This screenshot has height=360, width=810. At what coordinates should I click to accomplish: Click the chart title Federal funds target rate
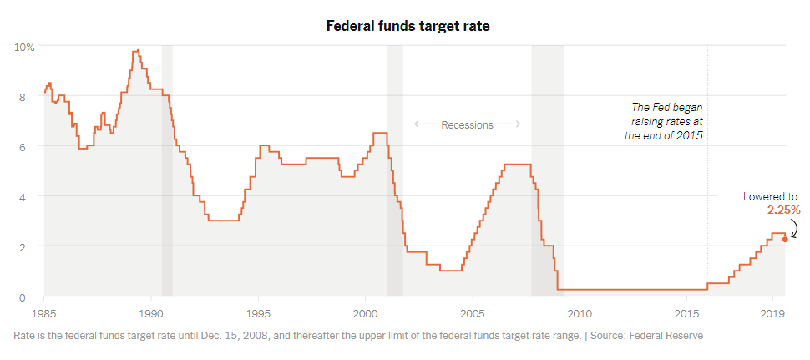408,26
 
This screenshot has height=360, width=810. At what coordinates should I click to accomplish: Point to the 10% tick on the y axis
24,47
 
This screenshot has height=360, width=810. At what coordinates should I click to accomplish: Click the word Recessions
467,124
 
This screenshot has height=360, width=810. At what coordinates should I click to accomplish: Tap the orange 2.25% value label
783,210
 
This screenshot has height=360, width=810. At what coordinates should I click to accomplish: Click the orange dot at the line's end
785,240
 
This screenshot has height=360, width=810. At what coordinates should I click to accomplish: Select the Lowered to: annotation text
772,196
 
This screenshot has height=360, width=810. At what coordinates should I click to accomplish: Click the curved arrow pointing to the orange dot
793,227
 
